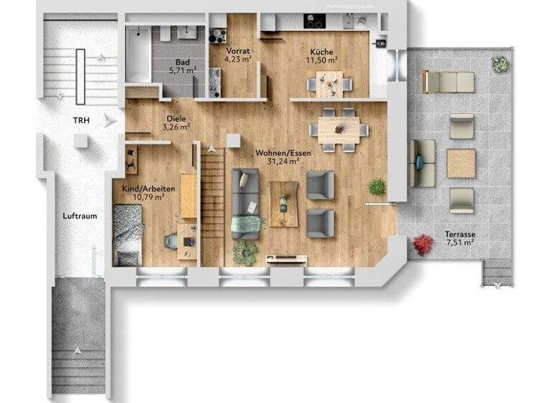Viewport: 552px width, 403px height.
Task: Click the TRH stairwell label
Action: point(80,120)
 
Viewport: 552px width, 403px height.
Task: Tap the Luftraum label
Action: point(80,216)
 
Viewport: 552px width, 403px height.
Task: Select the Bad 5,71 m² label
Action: point(181,67)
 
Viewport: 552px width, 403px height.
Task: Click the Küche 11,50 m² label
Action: point(322,55)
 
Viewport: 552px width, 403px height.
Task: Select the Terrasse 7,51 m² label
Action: point(459,239)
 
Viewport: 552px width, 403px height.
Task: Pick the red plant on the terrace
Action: point(422,245)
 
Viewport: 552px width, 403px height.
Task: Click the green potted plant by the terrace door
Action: point(377,187)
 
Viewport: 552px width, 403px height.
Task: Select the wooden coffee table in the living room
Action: point(283,204)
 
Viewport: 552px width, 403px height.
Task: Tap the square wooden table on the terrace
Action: point(461,163)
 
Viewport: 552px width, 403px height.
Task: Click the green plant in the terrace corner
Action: point(500,64)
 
